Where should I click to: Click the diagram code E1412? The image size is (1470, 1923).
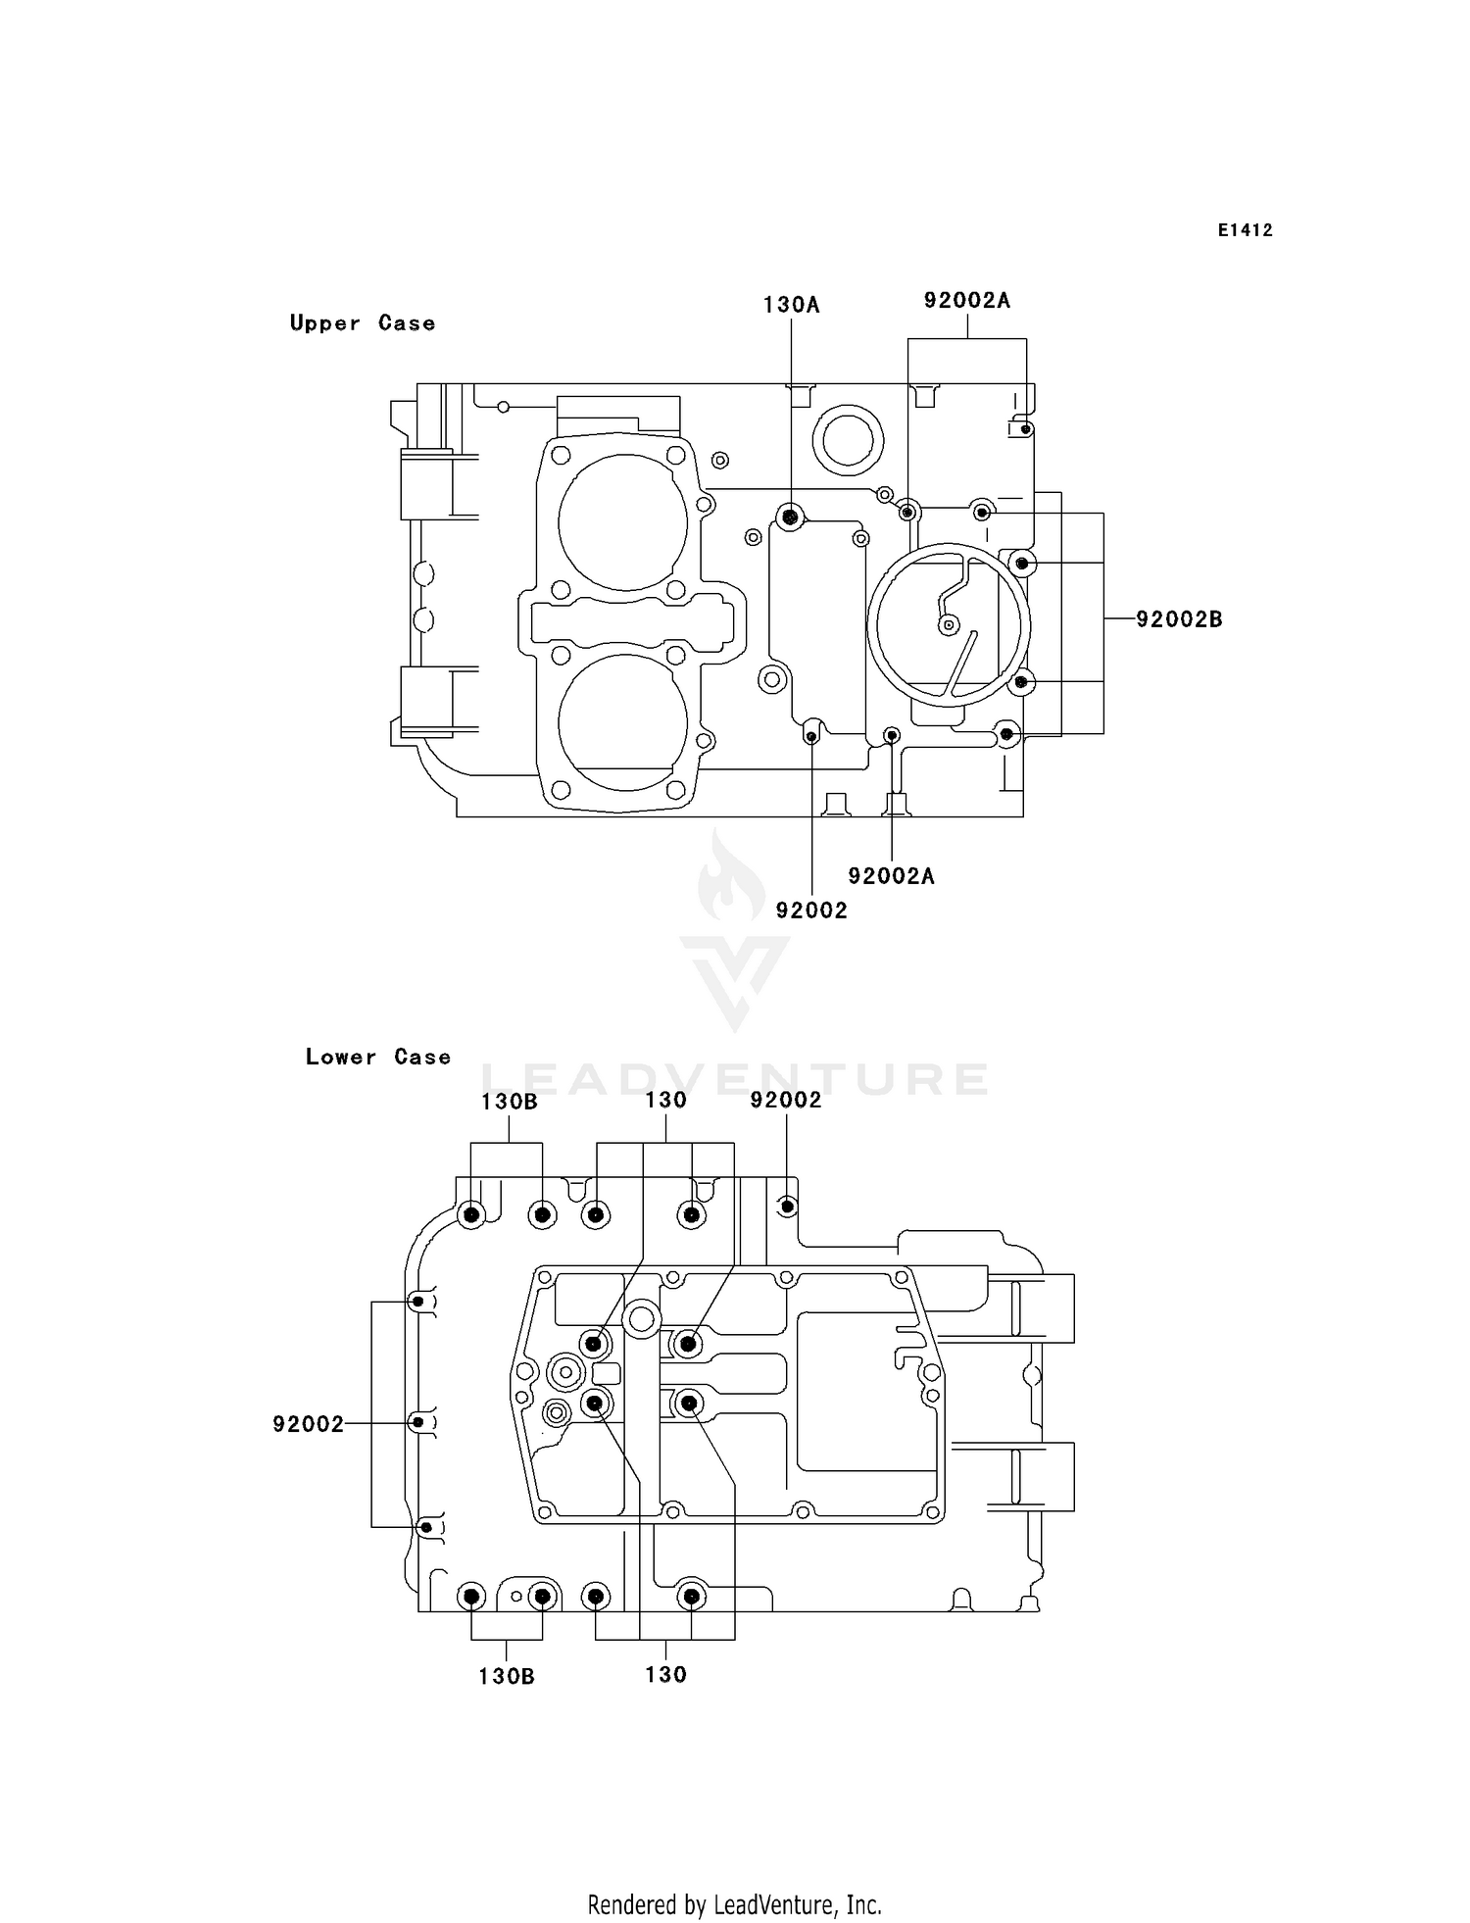click(1245, 230)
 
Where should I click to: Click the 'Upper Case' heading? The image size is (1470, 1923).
click(362, 323)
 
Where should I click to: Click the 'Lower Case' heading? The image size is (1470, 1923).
click(377, 1058)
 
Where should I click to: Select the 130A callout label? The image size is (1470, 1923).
click(791, 305)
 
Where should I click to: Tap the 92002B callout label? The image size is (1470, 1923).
click(1179, 619)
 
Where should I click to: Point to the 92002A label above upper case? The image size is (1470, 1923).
click(966, 301)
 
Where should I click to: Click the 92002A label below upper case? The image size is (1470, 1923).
click(891, 876)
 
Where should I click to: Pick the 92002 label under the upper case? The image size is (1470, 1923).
click(811, 911)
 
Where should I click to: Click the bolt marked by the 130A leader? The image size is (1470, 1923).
click(790, 517)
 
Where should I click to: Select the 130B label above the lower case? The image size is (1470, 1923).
click(509, 1102)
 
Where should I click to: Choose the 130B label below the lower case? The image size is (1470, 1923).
click(507, 1677)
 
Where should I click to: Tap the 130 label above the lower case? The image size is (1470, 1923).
click(665, 1101)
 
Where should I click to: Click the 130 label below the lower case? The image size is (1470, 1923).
click(665, 1675)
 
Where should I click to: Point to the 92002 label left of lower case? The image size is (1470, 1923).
click(309, 1424)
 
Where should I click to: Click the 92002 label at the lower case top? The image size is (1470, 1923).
click(786, 1101)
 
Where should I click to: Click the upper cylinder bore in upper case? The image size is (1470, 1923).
click(622, 522)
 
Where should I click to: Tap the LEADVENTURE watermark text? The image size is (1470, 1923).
click(735, 1079)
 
